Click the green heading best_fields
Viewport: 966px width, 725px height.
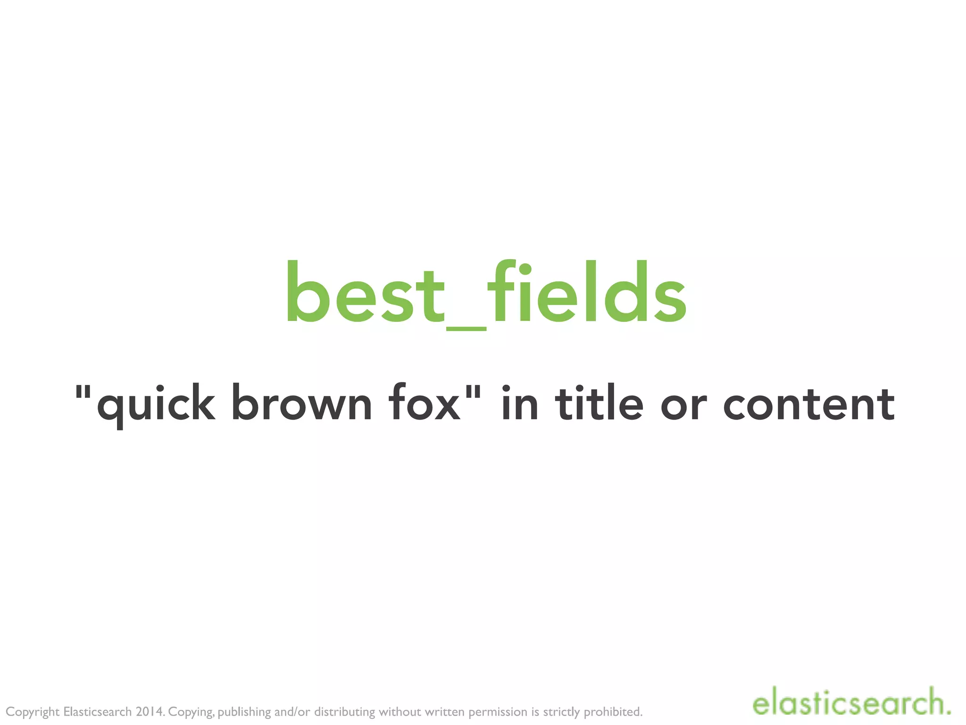486,293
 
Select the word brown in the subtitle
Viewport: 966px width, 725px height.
302,404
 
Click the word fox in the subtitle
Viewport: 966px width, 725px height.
424,404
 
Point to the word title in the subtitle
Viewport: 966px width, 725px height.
599,403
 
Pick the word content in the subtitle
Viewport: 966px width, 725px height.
808,404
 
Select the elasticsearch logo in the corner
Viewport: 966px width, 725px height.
851,703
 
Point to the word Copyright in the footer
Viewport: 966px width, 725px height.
33,712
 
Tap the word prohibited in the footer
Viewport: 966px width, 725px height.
613,712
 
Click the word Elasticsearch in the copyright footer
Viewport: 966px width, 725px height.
97,712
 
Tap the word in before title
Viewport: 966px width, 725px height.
519,403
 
